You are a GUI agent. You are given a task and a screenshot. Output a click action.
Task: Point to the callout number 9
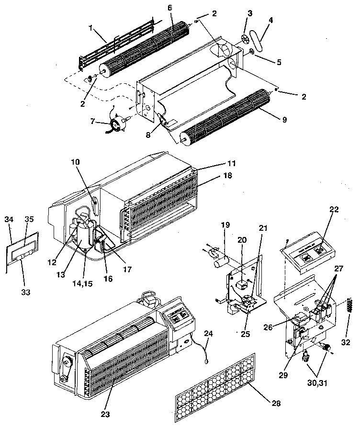(284, 120)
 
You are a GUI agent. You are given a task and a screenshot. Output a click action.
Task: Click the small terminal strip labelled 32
(349, 303)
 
